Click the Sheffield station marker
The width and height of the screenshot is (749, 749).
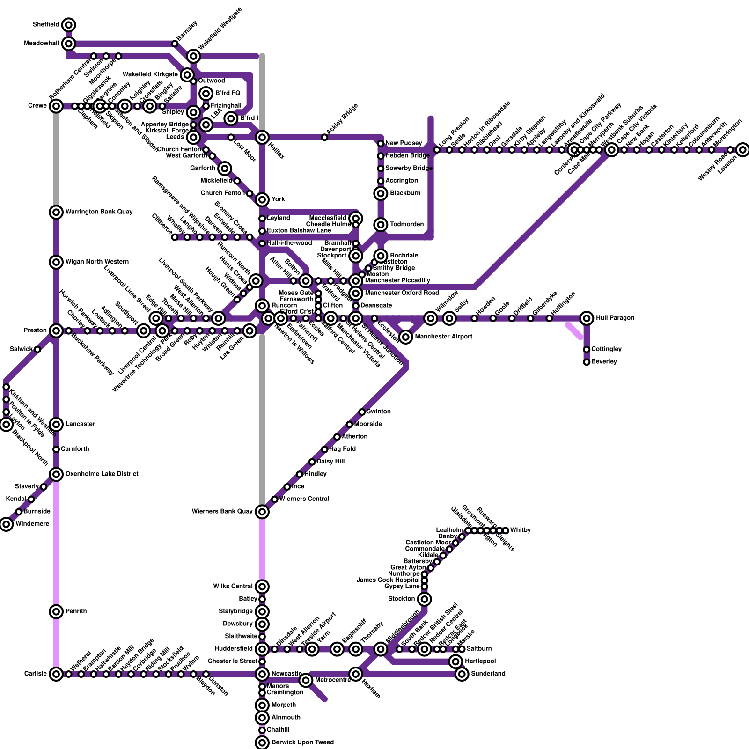tap(69, 24)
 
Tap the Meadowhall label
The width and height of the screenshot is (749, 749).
tap(42, 44)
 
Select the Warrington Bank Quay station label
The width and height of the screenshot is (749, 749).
tap(99, 212)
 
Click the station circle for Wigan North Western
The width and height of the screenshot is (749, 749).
tap(56, 262)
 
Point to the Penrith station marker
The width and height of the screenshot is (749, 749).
tap(56, 611)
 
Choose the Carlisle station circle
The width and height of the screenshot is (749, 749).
tap(56, 674)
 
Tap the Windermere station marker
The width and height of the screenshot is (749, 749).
tap(6, 524)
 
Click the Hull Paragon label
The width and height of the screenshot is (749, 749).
tap(615, 318)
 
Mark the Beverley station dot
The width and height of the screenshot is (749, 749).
tap(587, 362)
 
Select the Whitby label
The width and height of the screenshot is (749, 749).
tap(520, 530)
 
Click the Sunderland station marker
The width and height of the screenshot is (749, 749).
tap(462, 674)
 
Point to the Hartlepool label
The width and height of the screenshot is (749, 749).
tap(480, 661)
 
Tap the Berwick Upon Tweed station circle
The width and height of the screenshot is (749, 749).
tap(262, 742)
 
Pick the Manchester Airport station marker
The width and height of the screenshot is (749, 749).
tap(406, 337)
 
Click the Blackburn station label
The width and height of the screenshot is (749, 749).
tap(405, 193)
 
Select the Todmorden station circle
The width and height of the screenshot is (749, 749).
tap(381, 225)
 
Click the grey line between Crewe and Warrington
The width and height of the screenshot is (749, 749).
tap(56, 159)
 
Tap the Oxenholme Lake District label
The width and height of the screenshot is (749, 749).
tap(102, 474)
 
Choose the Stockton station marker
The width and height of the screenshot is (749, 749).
tap(425, 599)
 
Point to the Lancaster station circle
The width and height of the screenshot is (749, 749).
tap(56, 424)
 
